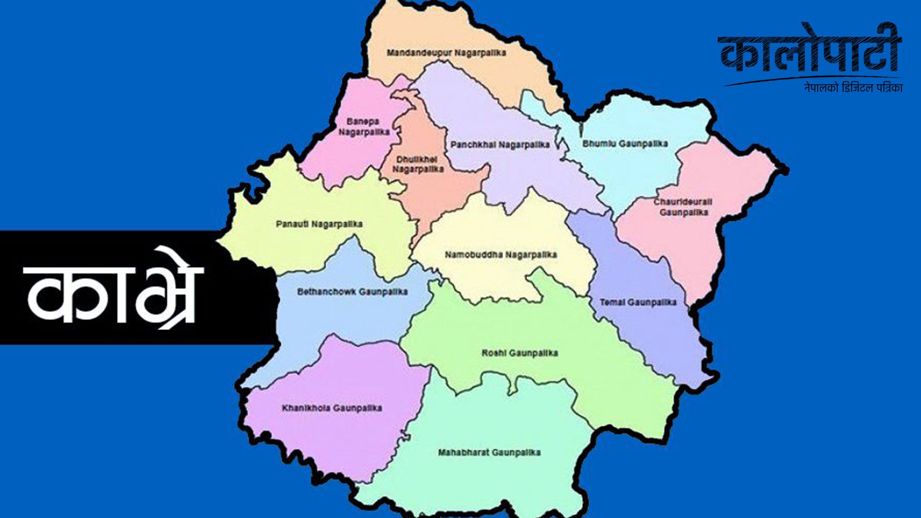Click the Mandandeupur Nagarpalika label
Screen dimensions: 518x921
coord(446,53)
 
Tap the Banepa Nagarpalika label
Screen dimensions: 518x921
coord(363,127)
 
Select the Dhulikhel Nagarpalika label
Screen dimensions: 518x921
coord(418,165)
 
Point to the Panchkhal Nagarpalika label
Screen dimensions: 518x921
coord(499,145)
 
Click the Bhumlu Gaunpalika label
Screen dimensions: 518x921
coord(625,144)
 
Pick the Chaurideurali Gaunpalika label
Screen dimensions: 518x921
coord(683,207)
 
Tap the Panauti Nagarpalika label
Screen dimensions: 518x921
coord(319,224)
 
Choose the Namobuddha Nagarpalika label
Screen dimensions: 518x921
coord(500,255)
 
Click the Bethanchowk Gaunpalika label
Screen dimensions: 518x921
coord(352,292)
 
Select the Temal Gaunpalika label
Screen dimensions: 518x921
coord(638,303)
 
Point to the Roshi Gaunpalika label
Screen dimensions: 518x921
coord(520,353)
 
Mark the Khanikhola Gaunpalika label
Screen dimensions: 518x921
coord(332,408)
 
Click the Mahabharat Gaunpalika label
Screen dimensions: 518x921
coord(489,452)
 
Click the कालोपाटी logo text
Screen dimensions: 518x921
coord(810,50)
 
